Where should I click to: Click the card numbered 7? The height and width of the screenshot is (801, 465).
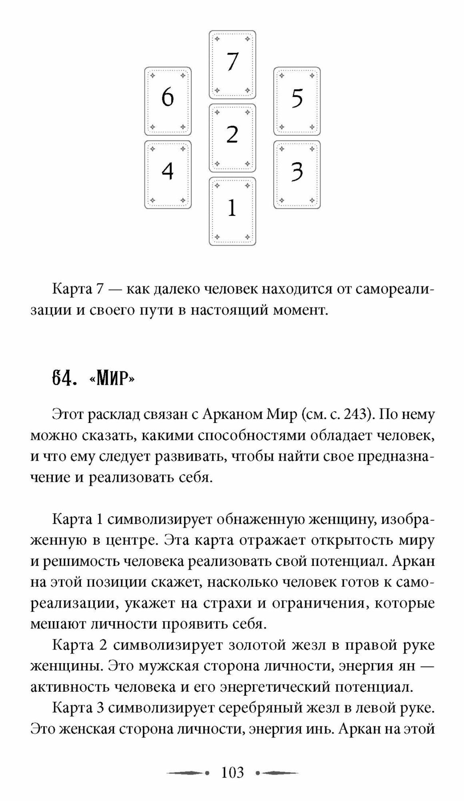pos(232,64)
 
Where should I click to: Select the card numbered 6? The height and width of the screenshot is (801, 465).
pos(168,101)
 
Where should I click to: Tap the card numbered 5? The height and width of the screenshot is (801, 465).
pos(297,101)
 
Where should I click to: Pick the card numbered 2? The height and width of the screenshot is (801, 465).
pos(232,138)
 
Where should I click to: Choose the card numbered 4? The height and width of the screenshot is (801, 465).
pos(168,174)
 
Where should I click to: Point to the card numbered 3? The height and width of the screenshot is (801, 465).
pos(297,174)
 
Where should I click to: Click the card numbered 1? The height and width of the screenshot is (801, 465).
pos(232,211)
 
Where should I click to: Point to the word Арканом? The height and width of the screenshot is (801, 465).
pos(232,415)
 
